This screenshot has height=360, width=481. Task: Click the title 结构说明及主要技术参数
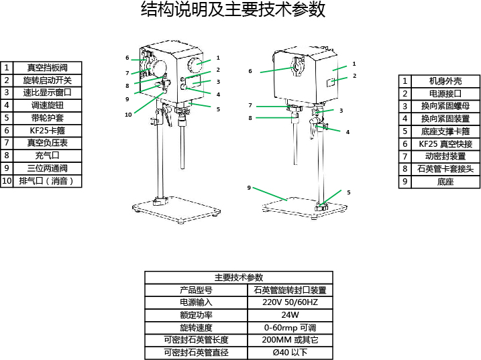(x=233, y=10)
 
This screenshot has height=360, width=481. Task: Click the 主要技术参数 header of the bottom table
(x=238, y=278)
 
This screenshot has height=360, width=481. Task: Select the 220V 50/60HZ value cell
(x=290, y=303)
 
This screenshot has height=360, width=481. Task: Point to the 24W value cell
(x=290, y=315)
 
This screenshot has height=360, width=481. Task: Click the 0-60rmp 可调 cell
(x=290, y=328)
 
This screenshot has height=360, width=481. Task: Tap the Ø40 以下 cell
(x=290, y=353)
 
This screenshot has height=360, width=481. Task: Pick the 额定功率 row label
(x=196, y=315)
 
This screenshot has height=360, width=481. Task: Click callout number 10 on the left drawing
(x=128, y=114)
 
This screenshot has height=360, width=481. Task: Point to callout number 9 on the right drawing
(x=249, y=188)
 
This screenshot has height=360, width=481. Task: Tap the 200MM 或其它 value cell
(x=290, y=340)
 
